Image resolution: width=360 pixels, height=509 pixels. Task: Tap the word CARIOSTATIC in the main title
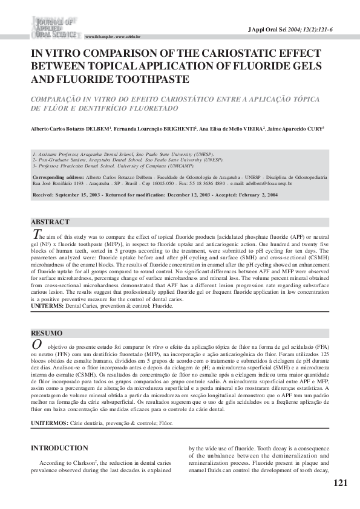(212, 53)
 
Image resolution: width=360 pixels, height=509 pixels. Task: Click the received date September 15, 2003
(82, 195)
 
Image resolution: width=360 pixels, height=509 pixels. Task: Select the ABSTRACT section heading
(50, 222)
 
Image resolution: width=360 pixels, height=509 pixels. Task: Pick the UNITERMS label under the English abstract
(46, 306)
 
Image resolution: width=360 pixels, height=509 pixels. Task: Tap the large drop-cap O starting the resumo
(36, 345)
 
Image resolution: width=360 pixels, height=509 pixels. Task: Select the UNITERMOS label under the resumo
(50, 423)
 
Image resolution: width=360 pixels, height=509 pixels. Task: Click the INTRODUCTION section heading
(59, 449)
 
